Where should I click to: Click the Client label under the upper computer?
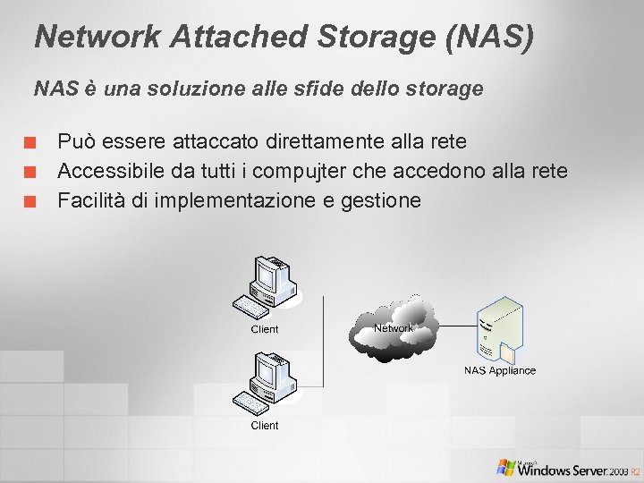(265, 329)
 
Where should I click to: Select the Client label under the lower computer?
(265, 426)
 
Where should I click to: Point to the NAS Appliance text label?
(500, 370)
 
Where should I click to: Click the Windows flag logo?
(506, 466)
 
